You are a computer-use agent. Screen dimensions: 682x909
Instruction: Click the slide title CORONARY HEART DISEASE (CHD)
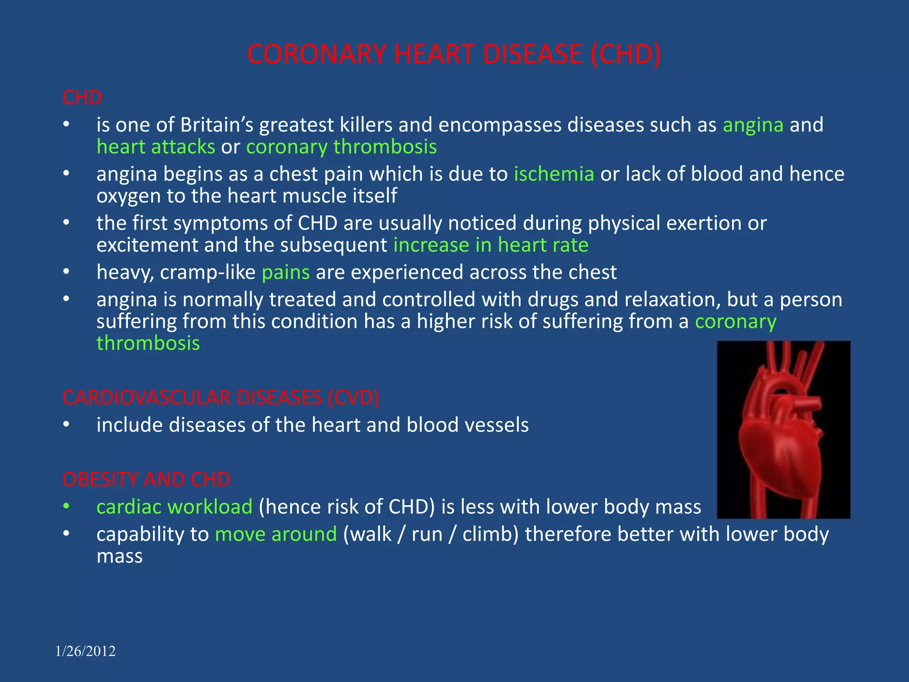click(x=454, y=54)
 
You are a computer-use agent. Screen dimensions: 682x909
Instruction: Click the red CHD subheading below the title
click(x=82, y=98)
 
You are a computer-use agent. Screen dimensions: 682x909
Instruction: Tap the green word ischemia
click(x=554, y=174)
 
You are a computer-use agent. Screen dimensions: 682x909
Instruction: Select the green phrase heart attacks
click(x=156, y=147)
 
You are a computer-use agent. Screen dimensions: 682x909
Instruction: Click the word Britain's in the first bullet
click(x=216, y=125)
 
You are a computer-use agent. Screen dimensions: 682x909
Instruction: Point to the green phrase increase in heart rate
click(x=491, y=245)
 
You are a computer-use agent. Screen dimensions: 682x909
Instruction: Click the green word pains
click(x=285, y=272)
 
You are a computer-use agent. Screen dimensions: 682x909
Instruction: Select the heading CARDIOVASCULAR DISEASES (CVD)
click(x=221, y=397)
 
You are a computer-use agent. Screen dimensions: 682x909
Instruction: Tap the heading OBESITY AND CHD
click(x=146, y=480)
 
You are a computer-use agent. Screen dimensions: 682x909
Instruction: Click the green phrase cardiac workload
click(x=174, y=507)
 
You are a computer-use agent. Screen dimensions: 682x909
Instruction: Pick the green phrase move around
click(x=276, y=534)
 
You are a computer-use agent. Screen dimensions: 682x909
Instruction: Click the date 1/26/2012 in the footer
click(x=85, y=651)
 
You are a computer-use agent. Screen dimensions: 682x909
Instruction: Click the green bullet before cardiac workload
click(x=66, y=506)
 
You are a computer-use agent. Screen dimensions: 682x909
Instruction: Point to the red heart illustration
click(x=783, y=429)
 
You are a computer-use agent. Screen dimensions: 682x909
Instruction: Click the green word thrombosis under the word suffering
click(x=148, y=343)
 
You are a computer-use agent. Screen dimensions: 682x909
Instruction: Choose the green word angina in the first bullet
click(x=753, y=125)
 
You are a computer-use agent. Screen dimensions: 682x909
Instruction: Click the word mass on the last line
click(x=119, y=556)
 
